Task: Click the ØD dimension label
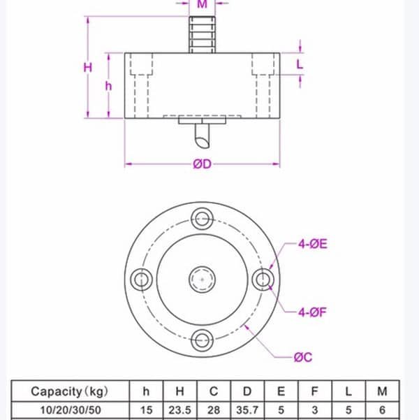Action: tap(203, 164)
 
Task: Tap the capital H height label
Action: tap(87, 68)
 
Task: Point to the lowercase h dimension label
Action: tap(108, 85)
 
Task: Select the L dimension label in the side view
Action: tap(300, 64)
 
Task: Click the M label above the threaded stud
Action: tap(202, 4)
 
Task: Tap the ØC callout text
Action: tap(303, 357)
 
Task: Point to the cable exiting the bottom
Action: tap(203, 137)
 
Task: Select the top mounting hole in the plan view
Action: tap(203, 219)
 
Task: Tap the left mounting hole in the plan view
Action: tap(142, 280)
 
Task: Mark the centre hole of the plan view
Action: tap(203, 280)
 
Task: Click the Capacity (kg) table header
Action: tap(70, 391)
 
